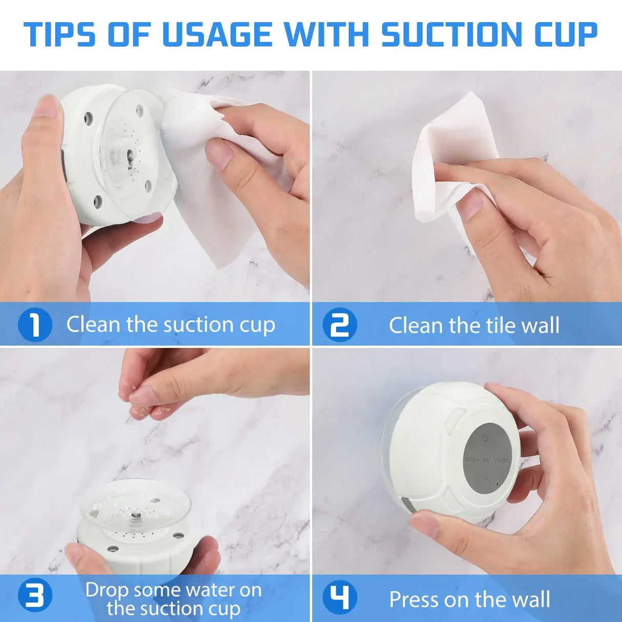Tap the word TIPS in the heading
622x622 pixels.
click(59, 35)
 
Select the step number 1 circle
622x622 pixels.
click(35, 325)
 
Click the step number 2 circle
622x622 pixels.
click(339, 325)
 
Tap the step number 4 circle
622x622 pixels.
click(339, 597)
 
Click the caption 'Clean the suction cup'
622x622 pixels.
click(171, 325)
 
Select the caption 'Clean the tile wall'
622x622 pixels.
click(474, 326)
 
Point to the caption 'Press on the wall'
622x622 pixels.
click(469, 599)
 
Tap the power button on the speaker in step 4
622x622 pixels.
click(485, 438)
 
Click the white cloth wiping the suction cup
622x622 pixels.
click(215, 205)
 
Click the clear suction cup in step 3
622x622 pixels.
click(135, 505)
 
